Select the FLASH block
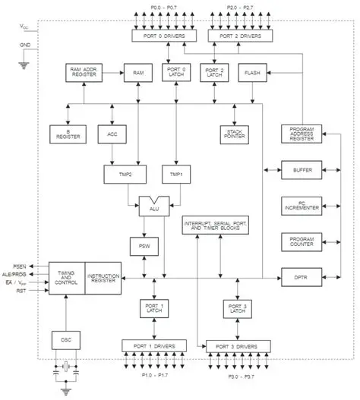click(x=251, y=73)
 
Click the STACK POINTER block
click(x=235, y=134)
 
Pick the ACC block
click(x=112, y=134)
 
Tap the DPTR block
click(x=302, y=279)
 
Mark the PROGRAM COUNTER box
click(x=302, y=241)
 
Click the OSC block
click(x=65, y=339)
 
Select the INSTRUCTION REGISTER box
click(x=104, y=279)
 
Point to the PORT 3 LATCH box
click(x=235, y=309)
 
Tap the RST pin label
click(x=21, y=290)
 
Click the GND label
click(x=24, y=46)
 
